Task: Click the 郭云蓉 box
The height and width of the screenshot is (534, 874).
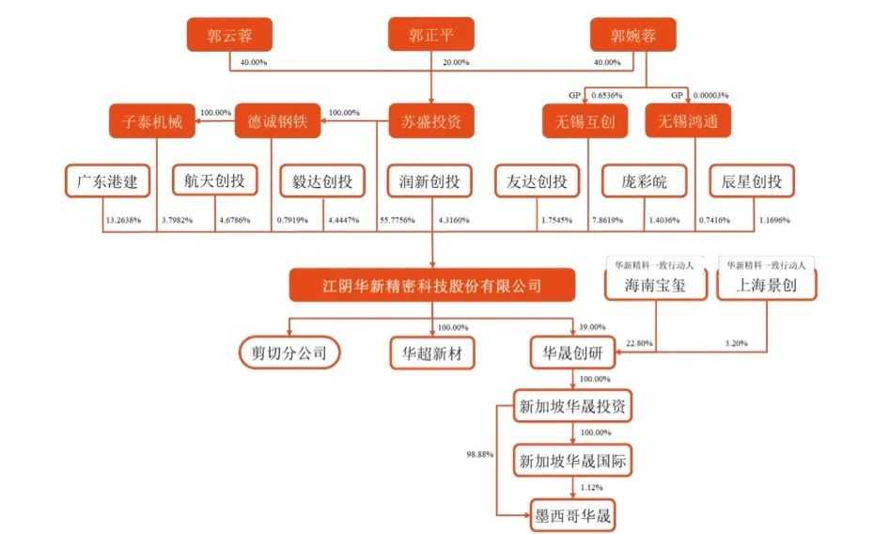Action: [x=229, y=37]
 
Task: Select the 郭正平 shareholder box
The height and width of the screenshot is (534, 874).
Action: [x=430, y=37]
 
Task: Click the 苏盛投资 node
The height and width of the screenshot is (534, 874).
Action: [x=430, y=121]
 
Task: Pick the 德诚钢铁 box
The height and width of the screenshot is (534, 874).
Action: [x=277, y=121]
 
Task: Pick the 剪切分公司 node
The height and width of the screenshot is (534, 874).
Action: [x=288, y=353]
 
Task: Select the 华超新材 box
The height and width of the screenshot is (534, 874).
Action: [x=432, y=353]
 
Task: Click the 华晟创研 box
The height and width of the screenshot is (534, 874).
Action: [x=573, y=353]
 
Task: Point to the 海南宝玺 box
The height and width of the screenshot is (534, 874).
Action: [x=655, y=285]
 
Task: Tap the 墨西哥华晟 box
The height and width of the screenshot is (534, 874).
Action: [x=573, y=515]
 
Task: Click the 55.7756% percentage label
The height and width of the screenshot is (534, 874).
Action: [x=398, y=221]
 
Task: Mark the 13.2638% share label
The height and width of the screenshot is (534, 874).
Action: [x=120, y=221]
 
